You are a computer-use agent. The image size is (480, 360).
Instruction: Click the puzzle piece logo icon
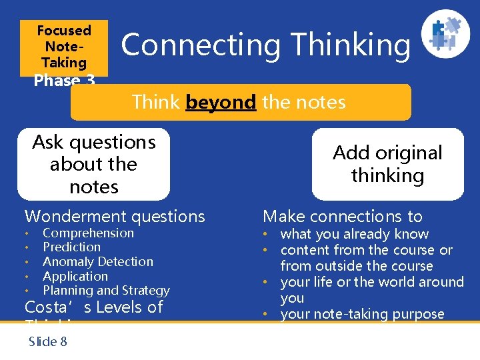click(x=446, y=33)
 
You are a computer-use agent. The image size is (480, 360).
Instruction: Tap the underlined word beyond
click(x=221, y=102)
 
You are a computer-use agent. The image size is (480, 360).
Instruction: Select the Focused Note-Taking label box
click(x=64, y=46)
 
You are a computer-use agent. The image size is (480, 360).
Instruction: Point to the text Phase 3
click(x=64, y=81)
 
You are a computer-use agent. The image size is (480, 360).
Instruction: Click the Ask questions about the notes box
click(x=94, y=165)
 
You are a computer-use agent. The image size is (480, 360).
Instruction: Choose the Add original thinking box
click(x=387, y=164)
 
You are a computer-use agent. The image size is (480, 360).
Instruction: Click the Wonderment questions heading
click(x=115, y=216)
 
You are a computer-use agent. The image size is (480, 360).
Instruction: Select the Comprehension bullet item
click(x=88, y=233)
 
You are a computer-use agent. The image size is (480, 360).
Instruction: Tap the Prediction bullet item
click(x=71, y=247)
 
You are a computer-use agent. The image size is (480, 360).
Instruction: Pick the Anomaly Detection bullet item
click(x=97, y=261)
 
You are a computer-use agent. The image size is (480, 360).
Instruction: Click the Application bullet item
click(x=75, y=276)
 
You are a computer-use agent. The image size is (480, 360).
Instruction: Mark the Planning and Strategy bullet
click(x=106, y=290)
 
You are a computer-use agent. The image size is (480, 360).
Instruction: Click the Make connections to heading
click(x=343, y=216)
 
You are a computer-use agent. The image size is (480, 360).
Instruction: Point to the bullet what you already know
click(x=354, y=234)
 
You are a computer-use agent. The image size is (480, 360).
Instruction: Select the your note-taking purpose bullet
click(x=362, y=314)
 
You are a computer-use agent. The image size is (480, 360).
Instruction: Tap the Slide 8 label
click(x=47, y=341)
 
